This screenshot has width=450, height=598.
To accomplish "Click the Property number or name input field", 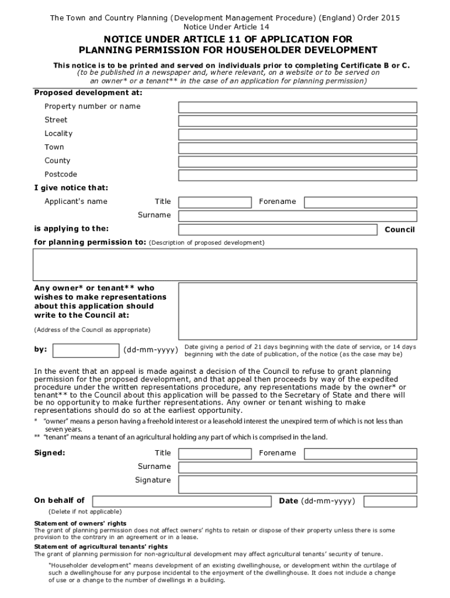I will [297, 107].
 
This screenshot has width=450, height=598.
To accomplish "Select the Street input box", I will [297, 120].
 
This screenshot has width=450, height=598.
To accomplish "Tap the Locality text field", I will [297, 134].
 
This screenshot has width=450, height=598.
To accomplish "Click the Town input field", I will [297, 147].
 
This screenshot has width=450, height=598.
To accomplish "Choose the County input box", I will [297, 161].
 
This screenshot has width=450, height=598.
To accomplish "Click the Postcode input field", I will [297, 175].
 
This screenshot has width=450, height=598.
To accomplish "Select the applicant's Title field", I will [214, 202].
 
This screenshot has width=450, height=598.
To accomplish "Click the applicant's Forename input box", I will [361, 202].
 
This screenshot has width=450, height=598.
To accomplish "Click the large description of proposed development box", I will [225, 265].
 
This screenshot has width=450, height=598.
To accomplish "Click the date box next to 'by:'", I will [85, 350].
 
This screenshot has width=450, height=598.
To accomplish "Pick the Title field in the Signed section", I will [214, 454].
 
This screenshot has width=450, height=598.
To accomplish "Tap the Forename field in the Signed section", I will [361, 454].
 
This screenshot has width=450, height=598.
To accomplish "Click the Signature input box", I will [297, 484].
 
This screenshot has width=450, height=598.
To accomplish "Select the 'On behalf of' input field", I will [182, 501].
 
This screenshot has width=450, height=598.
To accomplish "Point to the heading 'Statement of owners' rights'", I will [80, 523].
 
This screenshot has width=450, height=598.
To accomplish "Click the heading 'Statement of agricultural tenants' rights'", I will [101, 547].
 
